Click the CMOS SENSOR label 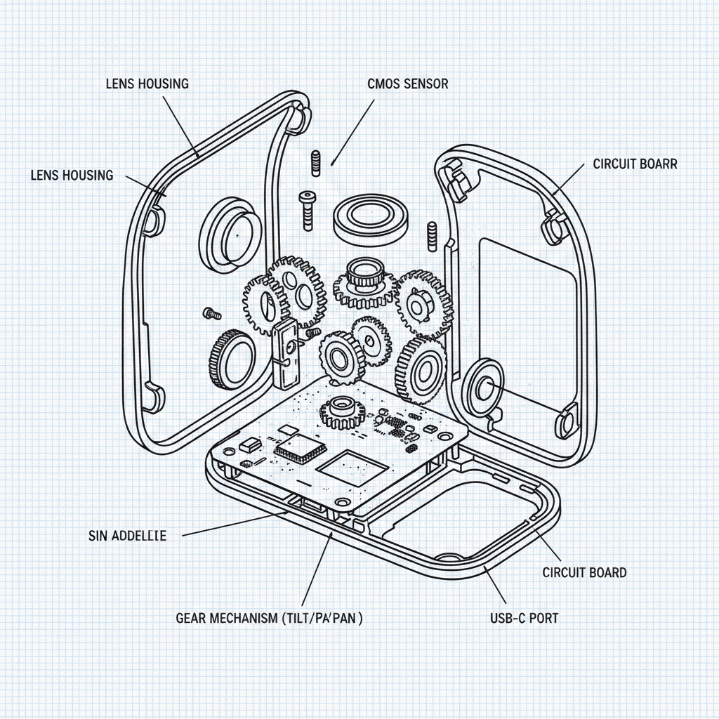[x=407, y=84]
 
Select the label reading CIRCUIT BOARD [x=584, y=572]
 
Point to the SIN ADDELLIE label [x=128, y=536]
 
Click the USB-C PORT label [x=525, y=619]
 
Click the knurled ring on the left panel [x=232, y=358]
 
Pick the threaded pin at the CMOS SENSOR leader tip [x=315, y=163]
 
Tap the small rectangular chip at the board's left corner [x=249, y=444]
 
